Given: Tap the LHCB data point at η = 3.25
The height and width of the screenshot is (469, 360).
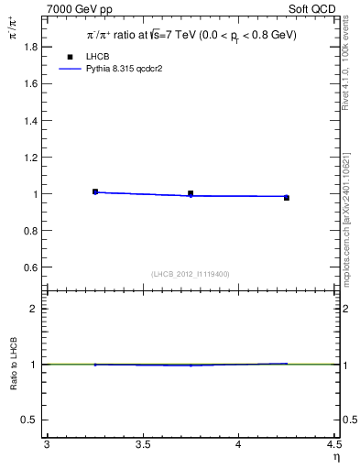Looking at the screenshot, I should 95,191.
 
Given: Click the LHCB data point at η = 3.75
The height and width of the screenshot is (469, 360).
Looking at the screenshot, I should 191,193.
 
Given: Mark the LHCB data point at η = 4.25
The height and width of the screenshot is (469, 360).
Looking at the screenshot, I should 286,197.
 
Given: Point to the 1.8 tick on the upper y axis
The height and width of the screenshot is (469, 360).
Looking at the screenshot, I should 31,46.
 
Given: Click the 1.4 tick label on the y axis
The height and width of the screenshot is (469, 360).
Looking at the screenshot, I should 31,120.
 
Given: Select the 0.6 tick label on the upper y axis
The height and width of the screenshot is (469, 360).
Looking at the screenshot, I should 31,267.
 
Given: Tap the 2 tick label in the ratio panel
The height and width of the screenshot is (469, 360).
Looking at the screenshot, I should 36,309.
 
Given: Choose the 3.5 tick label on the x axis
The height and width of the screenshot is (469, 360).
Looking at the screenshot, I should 143,445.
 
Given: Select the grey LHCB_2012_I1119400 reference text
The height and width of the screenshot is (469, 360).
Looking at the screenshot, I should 190,274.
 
